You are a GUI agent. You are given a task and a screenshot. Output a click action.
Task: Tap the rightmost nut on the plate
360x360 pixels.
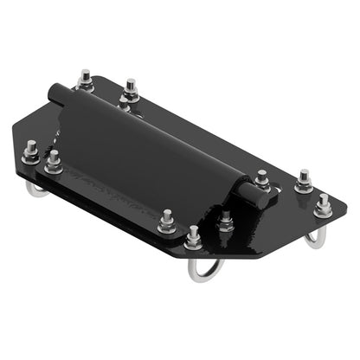coord(324,206)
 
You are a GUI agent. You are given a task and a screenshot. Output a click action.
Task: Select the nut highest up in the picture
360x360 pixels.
coord(85,79)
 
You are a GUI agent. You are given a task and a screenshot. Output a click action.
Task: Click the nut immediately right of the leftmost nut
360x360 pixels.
coord(53,160)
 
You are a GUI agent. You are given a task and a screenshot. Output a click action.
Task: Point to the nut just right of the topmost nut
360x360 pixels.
coord(131,89)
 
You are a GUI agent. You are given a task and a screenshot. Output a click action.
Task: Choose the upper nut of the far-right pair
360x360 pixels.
coord(303,182)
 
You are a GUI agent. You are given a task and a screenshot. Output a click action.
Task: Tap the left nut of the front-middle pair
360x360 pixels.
coord(166,222)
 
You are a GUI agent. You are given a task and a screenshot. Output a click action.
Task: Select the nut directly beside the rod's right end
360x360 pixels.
coord(262,178)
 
